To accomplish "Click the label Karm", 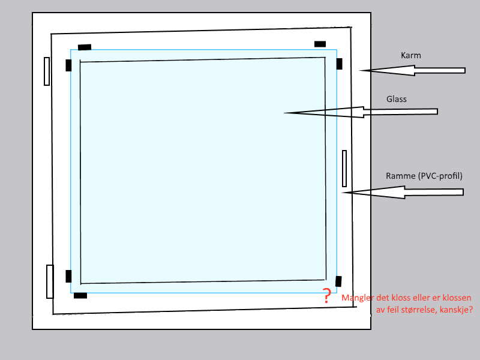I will point(411,56).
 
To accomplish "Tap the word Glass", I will point(397,100).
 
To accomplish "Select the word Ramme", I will point(400,176).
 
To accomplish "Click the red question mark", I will point(326,296).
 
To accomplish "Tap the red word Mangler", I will point(358,298).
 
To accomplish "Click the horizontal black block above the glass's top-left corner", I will point(85,47).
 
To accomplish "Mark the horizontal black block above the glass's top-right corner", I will point(320,44).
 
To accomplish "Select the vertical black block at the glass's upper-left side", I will point(68,65).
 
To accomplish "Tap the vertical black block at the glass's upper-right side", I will point(339,64).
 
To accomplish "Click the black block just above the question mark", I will point(338,281).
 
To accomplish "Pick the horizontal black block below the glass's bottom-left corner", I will point(80,295).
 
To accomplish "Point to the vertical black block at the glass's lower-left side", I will point(68,276).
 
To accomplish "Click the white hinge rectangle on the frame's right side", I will point(344,169).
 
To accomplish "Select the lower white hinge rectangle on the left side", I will point(50,281).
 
